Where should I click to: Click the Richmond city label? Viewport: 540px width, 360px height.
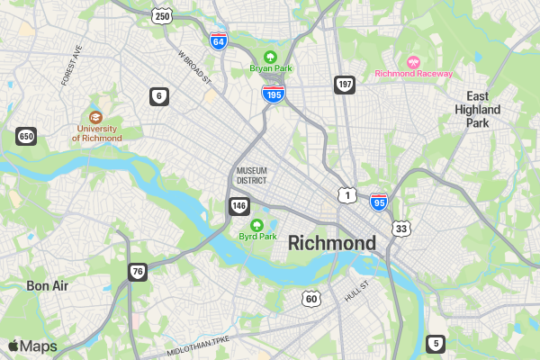point(332,244)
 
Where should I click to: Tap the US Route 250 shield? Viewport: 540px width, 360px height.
point(162,16)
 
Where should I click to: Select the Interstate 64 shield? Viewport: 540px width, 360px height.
point(218,40)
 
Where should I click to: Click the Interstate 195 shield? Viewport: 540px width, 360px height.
point(274,93)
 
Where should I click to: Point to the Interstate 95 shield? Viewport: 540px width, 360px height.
point(379,202)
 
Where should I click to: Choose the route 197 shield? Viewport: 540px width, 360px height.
point(344,85)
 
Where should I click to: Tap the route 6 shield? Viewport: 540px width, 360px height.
point(159,96)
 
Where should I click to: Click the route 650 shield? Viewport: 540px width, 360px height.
point(26,136)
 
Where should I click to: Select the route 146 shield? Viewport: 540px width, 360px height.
point(238,207)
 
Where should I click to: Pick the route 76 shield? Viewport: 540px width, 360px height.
point(137,271)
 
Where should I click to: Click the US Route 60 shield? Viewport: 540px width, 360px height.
point(310,298)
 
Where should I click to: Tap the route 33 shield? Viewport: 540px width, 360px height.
point(401,229)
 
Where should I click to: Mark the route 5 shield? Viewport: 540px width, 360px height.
point(436,343)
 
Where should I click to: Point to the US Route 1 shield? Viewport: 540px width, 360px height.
point(347,194)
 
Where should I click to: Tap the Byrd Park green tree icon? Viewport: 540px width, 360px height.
point(256,224)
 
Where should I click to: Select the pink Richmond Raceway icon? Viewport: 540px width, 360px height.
point(414,61)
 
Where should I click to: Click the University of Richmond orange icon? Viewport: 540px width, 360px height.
point(96,117)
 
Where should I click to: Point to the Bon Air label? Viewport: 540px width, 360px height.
point(48,285)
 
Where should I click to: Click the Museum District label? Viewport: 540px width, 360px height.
point(252,175)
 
